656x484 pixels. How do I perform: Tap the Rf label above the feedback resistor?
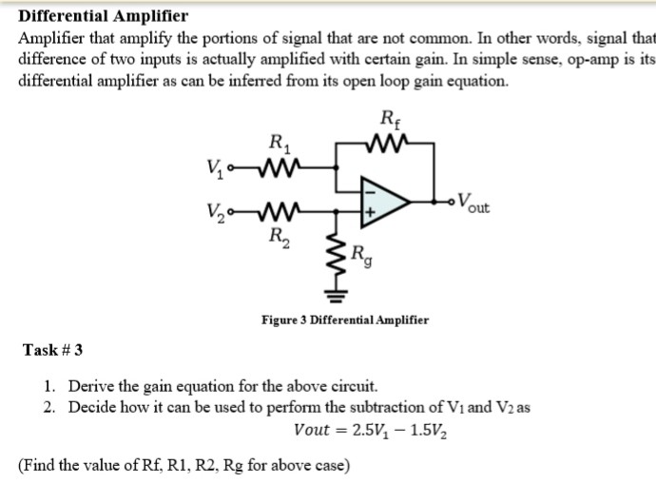(x=389, y=121)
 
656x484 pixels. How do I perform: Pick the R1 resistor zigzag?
(x=280, y=171)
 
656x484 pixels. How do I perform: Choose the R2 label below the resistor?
(x=279, y=235)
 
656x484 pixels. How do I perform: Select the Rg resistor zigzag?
(x=334, y=258)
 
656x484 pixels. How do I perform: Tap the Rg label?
(x=358, y=254)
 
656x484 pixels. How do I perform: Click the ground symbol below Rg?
(x=334, y=294)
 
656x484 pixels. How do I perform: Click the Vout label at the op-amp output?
(x=473, y=203)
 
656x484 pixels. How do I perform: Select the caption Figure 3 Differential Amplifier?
(x=344, y=319)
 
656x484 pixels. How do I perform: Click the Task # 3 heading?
(x=52, y=350)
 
